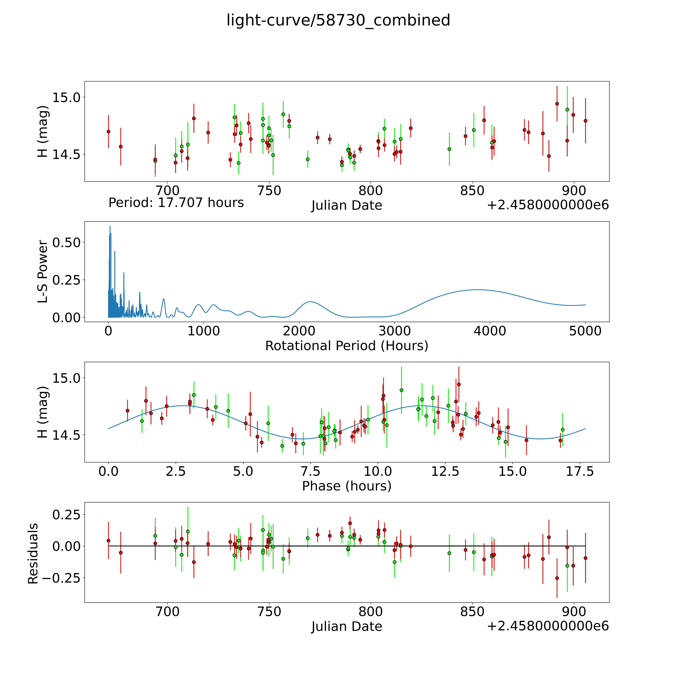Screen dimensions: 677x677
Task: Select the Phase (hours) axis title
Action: pyautogui.click(x=347, y=486)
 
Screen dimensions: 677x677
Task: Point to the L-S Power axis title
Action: pyautogui.click(x=43, y=272)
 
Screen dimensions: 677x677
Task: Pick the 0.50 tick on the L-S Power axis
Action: pyautogui.click(x=67, y=242)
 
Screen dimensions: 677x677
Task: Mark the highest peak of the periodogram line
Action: pyautogui.click(x=110, y=226)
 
